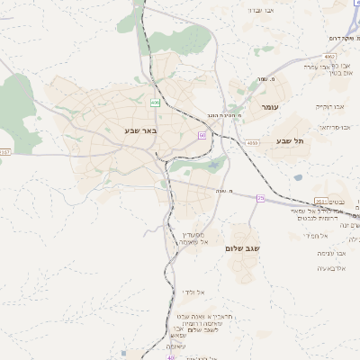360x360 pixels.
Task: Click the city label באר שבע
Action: pos(140,131)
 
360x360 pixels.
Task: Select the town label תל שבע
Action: pos(291,140)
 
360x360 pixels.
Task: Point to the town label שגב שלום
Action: pos(244,248)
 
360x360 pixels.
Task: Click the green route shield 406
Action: pos(156,103)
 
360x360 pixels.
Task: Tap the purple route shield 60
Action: pos(202,135)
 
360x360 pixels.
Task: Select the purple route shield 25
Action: pos(261,197)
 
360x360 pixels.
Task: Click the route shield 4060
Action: pos(252,142)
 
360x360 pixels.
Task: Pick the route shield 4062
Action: pos(328,56)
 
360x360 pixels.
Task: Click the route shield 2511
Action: pos(321,202)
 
